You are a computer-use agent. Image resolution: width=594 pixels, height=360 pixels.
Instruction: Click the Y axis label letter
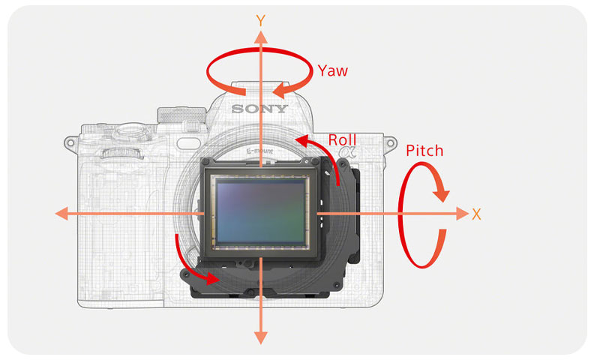[260, 20]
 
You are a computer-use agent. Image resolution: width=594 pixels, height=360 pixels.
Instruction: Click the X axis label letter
[476, 214]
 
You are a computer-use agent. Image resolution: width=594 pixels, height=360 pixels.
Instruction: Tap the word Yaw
[332, 70]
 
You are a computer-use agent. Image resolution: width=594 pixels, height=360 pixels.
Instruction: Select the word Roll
[342, 139]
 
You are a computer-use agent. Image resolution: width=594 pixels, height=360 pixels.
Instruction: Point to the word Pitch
[424, 151]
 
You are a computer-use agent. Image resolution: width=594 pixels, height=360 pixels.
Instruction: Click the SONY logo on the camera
[259, 109]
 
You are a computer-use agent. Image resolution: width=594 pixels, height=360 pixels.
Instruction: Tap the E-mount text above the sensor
[259, 151]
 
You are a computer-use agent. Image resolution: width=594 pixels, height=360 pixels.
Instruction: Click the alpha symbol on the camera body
[347, 152]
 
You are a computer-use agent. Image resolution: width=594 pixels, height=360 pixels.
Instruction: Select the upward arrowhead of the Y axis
[261, 37]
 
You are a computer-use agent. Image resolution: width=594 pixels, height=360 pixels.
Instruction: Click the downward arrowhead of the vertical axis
[261, 337]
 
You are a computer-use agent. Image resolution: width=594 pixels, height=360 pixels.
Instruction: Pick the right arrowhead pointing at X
[462, 214]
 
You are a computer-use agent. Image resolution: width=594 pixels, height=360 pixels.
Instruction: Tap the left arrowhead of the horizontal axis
[61, 214]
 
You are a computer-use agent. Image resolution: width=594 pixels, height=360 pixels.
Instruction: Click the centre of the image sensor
[261, 211]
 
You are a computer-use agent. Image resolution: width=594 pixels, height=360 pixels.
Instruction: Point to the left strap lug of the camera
[70, 142]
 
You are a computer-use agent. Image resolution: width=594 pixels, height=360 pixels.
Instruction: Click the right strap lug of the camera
[391, 142]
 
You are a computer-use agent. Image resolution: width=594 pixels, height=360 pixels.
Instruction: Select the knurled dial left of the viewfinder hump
[181, 115]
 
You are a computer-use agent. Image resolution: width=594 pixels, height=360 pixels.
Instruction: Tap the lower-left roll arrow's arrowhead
[211, 278]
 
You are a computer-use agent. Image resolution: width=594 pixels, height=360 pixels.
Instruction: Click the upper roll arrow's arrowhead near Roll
[303, 141]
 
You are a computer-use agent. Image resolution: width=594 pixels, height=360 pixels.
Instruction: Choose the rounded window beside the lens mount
[188, 143]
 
